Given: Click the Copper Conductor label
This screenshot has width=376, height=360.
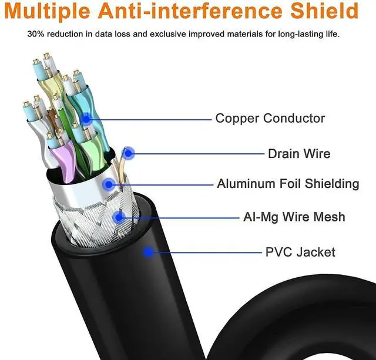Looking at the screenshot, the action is pos(270,118).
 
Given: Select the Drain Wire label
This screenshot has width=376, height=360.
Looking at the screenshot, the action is pos(299,154).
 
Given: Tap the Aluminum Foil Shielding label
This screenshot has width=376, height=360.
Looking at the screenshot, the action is pos(288,184).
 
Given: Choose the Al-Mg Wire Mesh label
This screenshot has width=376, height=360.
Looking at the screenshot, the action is pos(294,217).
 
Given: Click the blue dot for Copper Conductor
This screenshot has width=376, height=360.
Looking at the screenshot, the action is pos(88,119).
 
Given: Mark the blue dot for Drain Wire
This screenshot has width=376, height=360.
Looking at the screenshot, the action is pos(129,154).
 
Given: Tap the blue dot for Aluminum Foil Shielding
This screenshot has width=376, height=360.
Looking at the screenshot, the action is pos(108,184).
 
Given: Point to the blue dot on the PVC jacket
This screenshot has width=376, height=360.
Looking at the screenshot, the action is pos(149,253).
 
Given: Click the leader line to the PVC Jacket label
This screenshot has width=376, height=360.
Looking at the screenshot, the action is pos(206,253).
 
